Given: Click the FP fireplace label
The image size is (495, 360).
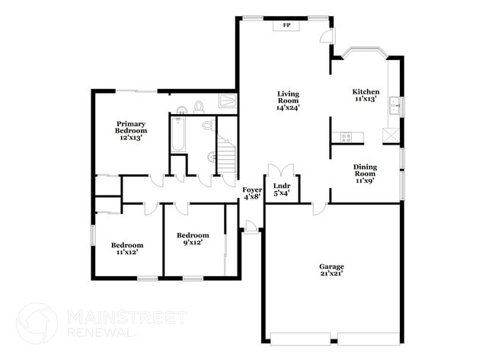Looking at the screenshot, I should (287, 25).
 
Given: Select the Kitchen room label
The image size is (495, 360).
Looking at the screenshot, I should (366, 91).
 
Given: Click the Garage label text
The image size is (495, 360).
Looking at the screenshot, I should (331, 266).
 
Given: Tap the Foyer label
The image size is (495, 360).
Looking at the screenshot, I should (252, 189).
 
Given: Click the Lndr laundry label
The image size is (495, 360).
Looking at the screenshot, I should (281, 185).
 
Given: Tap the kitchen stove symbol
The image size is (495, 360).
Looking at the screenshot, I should (346, 137).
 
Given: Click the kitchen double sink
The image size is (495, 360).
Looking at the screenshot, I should (394, 105).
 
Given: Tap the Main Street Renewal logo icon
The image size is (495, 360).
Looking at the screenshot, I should (36, 323).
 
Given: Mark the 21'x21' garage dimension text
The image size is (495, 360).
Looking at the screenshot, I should (331, 273).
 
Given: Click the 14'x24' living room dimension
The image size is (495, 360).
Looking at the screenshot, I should (288, 107).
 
